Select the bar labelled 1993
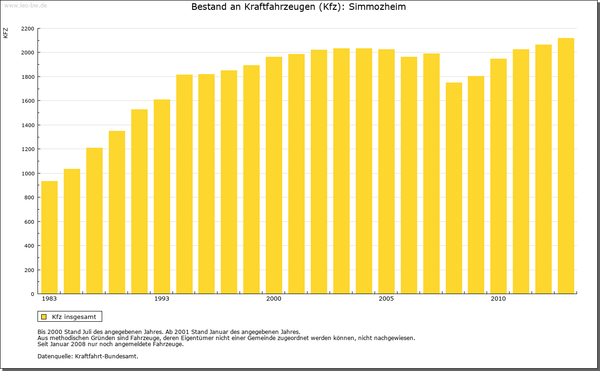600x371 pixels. click(162, 197)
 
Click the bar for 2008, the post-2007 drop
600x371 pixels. click(454, 188)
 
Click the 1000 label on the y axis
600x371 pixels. click(28, 174)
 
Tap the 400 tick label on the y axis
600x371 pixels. click(30, 246)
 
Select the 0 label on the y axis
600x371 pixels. click(32, 294)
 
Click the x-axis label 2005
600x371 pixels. click(386, 299)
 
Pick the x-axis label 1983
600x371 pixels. click(49, 299)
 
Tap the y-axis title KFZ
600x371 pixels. click(6, 33)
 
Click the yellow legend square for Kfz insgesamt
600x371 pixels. click(44, 317)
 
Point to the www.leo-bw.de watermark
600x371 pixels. click(25, 5)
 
